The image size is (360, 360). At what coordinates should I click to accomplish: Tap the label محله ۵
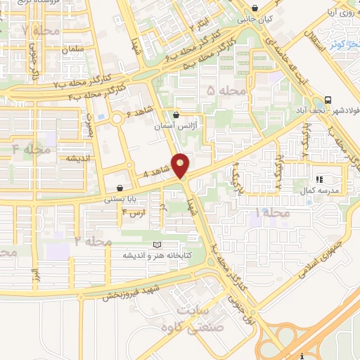227,91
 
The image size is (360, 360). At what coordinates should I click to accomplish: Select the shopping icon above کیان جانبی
255,8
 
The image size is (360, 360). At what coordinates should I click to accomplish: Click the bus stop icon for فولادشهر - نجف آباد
329,98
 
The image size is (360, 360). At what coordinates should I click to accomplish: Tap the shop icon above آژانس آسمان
176,114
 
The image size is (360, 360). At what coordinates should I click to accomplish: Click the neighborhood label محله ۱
273,212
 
